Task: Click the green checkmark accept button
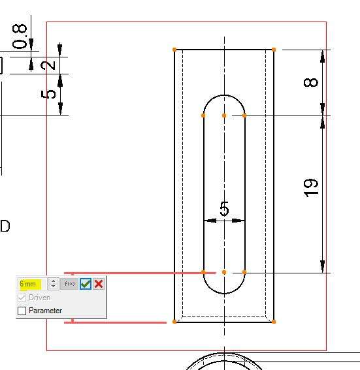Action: pos(86,284)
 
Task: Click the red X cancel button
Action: pos(99,284)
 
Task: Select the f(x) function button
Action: pos(69,284)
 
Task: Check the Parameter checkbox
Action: pos(22,311)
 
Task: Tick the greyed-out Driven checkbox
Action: pos(22,298)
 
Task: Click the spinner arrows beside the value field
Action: pos(54,284)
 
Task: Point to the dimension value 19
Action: pos(310,188)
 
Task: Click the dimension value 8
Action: pos(310,82)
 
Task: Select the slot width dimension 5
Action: pos(224,209)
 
